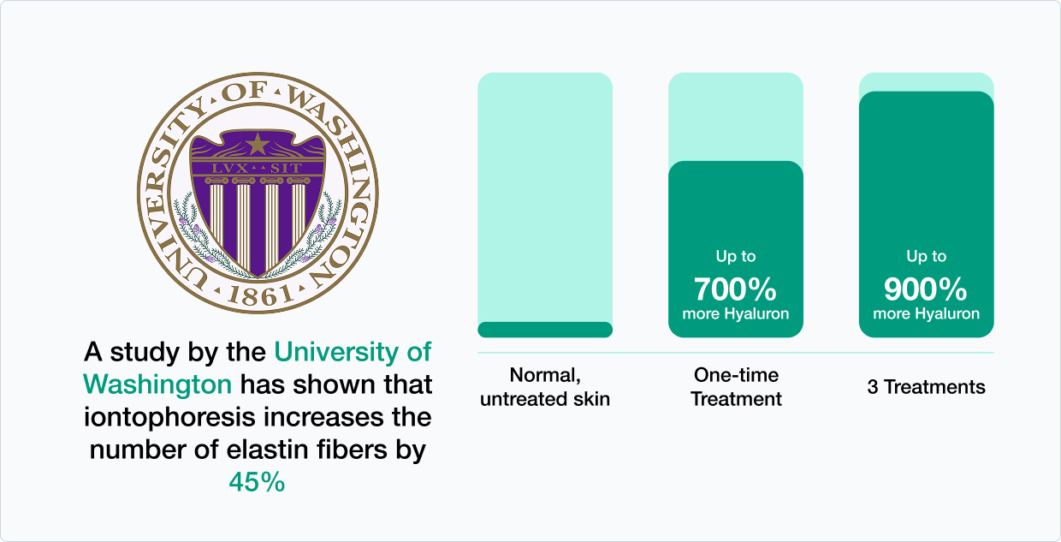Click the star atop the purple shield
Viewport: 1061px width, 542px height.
pyautogui.click(x=258, y=144)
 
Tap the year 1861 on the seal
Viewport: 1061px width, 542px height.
pyautogui.click(x=260, y=296)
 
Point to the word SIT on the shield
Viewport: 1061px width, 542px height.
pyautogui.click(x=286, y=169)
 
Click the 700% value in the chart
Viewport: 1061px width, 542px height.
pyautogui.click(x=735, y=289)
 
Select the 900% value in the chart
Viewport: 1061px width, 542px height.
pyautogui.click(x=926, y=289)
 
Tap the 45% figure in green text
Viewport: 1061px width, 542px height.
pyautogui.click(x=258, y=482)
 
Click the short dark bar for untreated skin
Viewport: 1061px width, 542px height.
pyautogui.click(x=545, y=330)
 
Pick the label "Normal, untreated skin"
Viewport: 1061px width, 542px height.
pyautogui.click(x=545, y=387)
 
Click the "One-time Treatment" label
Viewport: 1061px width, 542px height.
pyautogui.click(x=736, y=387)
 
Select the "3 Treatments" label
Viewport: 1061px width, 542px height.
pyautogui.click(x=926, y=387)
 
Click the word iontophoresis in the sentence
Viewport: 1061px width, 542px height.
pyautogui.click(x=170, y=418)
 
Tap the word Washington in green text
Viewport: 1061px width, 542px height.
pyautogui.click(x=157, y=384)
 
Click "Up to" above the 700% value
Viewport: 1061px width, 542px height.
pyautogui.click(x=736, y=257)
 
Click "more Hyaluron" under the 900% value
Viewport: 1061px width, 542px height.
pyautogui.click(x=926, y=313)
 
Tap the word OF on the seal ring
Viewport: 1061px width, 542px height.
pyautogui.click(x=246, y=92)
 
